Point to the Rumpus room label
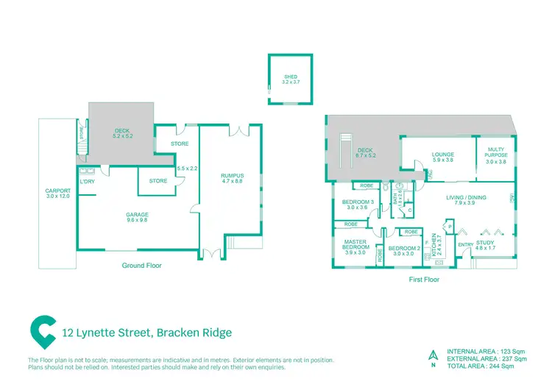click(233, 178)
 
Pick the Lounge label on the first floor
click(442, 157)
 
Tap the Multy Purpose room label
click(497, 155)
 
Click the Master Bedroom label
click(355, 247)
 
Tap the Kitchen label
click(436, 244)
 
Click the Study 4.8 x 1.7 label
click(485, 245)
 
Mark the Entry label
click(464, 244)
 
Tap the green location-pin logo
click(43, 333)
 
